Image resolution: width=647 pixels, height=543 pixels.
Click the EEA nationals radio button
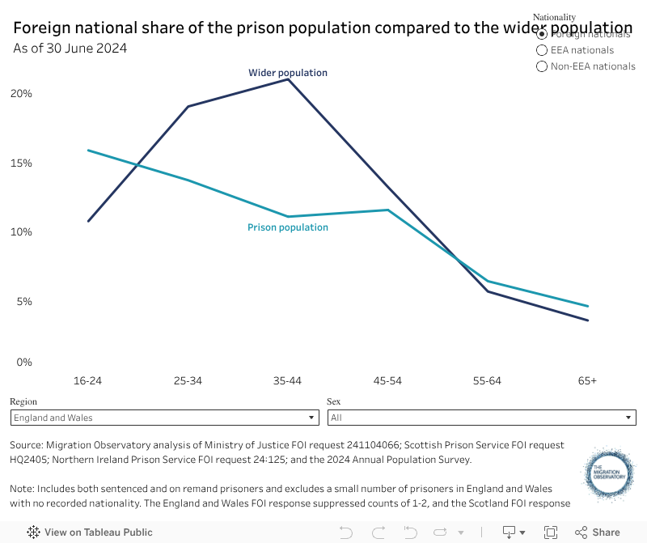click(543, 50)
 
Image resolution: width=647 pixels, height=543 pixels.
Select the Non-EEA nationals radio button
click(543, 66)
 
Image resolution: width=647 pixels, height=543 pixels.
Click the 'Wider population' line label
click(288, 73)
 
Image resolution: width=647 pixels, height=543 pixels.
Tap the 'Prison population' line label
click(288, 227)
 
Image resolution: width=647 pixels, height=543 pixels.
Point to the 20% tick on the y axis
click(21, 94)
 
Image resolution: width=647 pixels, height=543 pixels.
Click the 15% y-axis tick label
click(21, 163)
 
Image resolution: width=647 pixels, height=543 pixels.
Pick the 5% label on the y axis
click(24, 302)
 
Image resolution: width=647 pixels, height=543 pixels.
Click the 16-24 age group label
click(87, 380)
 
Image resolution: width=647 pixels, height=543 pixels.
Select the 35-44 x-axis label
click(288, 380)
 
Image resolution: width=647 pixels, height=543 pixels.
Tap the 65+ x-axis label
click(588, 380)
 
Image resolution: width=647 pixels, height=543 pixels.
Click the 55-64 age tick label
click(488, 380)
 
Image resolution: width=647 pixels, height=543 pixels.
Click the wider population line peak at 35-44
click(288, 79)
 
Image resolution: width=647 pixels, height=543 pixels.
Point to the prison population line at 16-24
click(88, 151)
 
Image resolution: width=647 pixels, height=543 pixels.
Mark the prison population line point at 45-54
click(388, 210)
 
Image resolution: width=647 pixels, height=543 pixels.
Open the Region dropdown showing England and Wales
click(164, 418)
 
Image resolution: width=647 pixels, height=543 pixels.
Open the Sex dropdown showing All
click(481, 418)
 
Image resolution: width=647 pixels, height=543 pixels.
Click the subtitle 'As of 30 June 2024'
click(70, 48)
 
